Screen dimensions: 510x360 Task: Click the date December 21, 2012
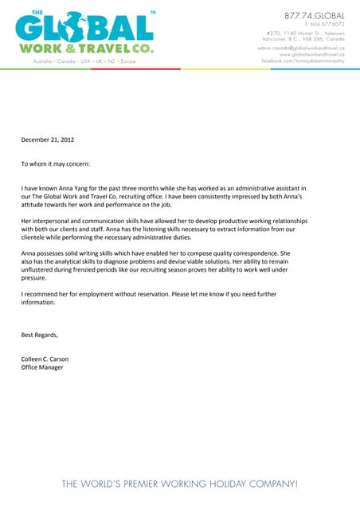point(47,139)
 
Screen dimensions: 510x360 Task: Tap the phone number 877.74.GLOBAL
point(315,15)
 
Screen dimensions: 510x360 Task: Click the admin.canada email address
point(301,48)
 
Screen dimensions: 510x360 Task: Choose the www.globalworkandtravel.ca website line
point(312,54)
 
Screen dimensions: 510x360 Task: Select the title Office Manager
point(42,367)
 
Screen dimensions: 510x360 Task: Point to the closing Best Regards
point(40,335)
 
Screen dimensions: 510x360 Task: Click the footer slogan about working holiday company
point(180,484)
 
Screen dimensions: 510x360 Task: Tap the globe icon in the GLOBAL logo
point(72,29)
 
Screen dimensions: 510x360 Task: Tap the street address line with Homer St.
point(306,32)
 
